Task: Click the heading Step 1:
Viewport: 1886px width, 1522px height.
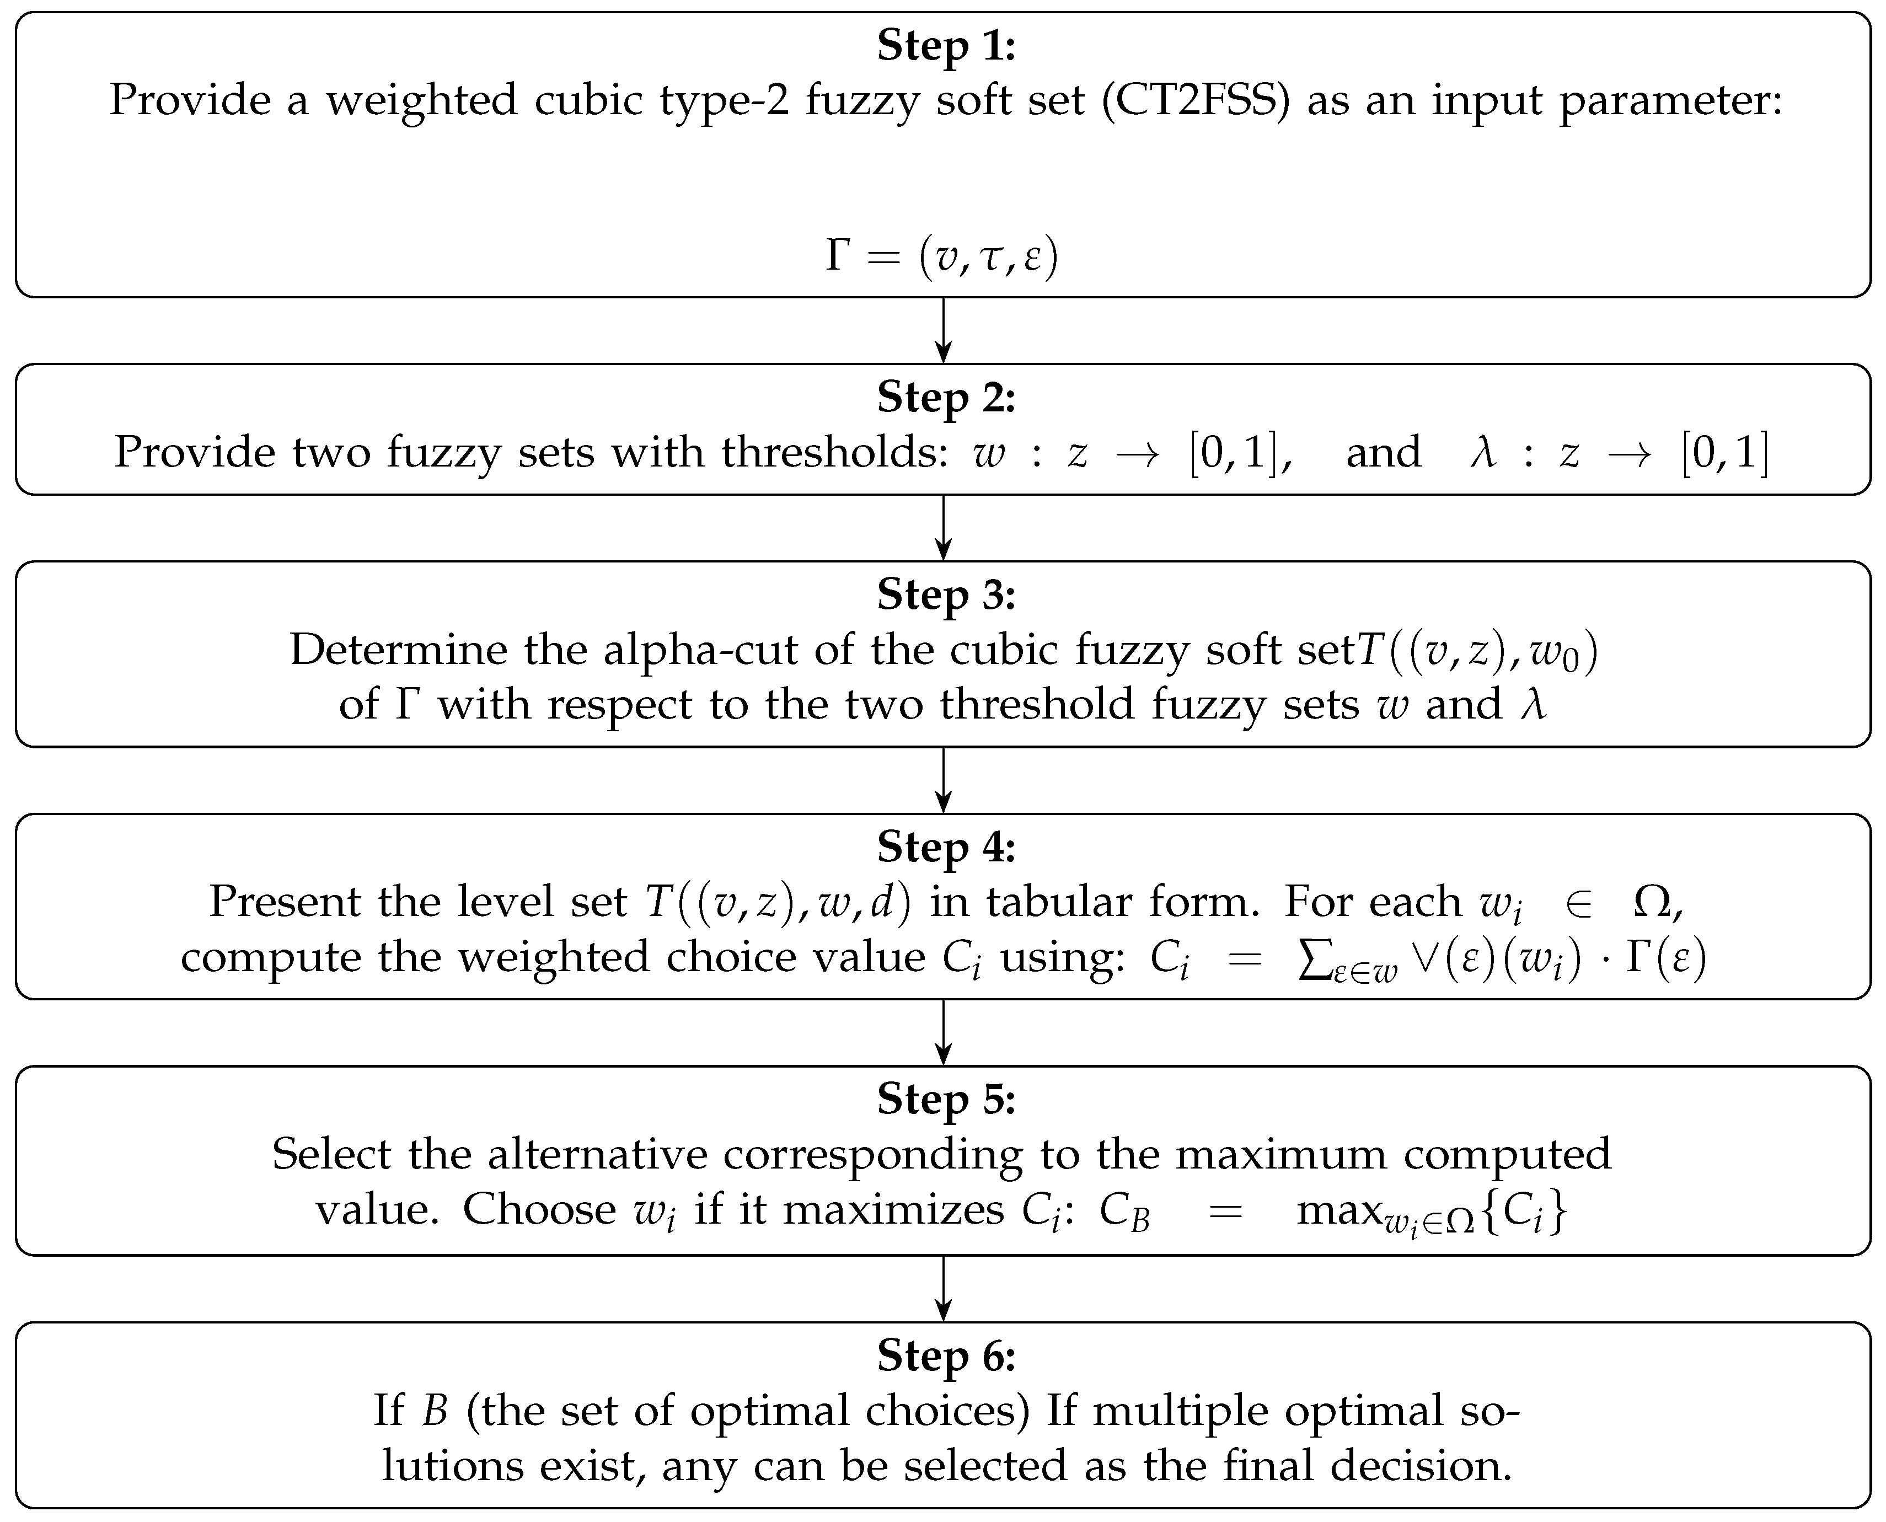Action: [945, 46]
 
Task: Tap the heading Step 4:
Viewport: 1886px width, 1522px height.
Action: [945, 847]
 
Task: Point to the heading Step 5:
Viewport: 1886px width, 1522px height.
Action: [945, 1100]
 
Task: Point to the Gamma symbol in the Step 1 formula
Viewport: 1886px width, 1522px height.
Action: [838, 256]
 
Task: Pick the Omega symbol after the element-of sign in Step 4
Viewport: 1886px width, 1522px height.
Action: [1653, 902]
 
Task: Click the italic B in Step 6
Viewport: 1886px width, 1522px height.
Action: [435, 1411]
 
